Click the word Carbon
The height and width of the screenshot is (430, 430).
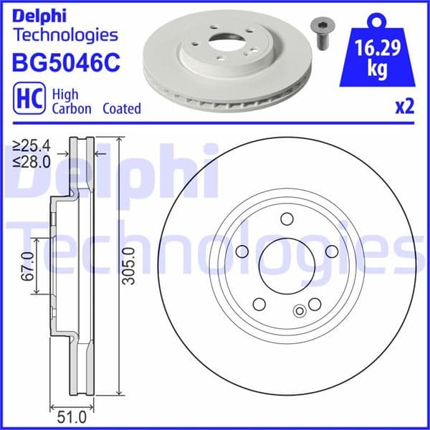click(x=72, y=109)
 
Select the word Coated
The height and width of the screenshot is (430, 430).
click(x=122, y=109)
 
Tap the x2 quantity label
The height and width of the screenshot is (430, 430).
click(x=405, y=107)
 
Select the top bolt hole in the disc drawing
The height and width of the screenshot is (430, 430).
click(x=286, y=219)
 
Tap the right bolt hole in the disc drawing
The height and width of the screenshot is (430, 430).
click(x=331, y=252)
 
